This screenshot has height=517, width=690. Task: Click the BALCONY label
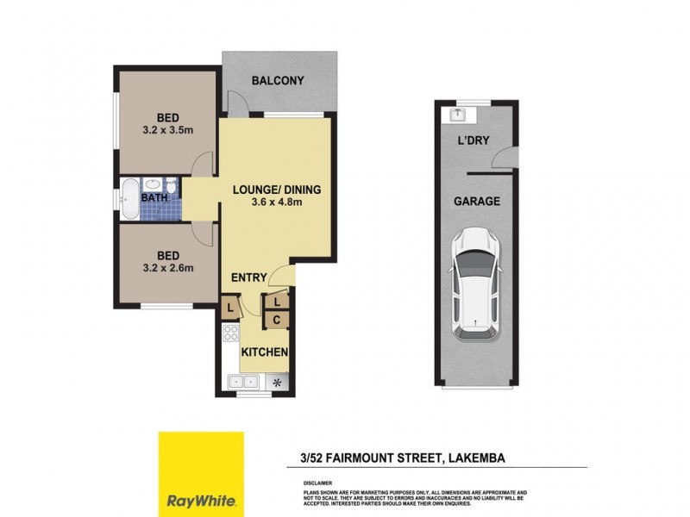(278, 81)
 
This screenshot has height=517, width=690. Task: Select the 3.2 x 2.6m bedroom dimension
(168, 267)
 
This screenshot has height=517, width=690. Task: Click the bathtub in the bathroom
(129, 201)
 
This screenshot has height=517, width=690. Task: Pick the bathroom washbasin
(152, 184)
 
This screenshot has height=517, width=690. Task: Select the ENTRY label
(248, 277)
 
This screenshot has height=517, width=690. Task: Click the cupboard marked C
(277, 321)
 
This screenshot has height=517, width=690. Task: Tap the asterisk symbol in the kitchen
(277, 382)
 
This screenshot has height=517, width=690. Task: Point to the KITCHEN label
(264, 353)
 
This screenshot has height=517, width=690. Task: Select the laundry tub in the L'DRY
(457, 114)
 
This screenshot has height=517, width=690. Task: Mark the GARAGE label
(477, 201)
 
